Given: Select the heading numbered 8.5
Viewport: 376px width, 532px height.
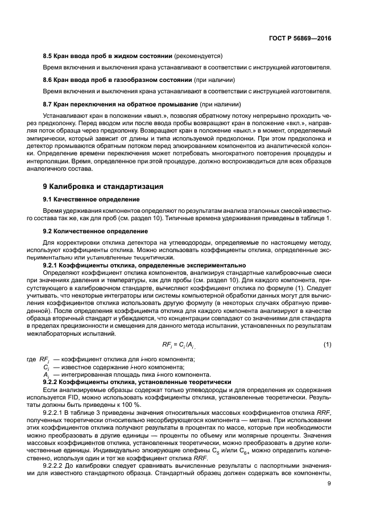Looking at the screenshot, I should [108, 56].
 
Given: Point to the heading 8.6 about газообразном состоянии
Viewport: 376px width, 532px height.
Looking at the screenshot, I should [118, 80].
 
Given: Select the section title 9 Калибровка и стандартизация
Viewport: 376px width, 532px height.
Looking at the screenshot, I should [104, 186].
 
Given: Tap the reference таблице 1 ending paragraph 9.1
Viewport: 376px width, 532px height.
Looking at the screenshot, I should [317, 219].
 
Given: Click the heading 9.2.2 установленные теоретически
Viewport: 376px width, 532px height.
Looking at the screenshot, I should [137, 382].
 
